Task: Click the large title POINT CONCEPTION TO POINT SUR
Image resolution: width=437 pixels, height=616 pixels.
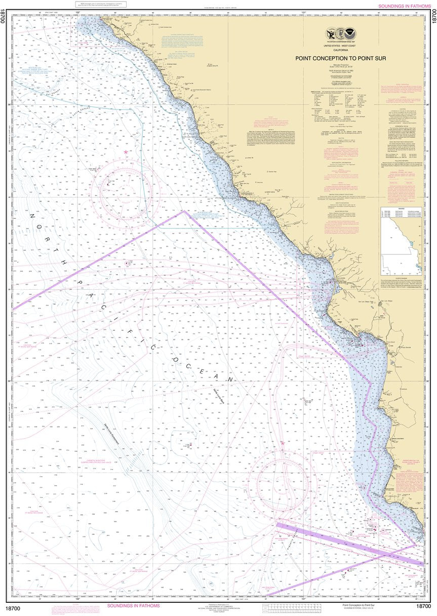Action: pos(341,58)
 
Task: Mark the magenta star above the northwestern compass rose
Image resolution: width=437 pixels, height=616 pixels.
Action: pos(126,152)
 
